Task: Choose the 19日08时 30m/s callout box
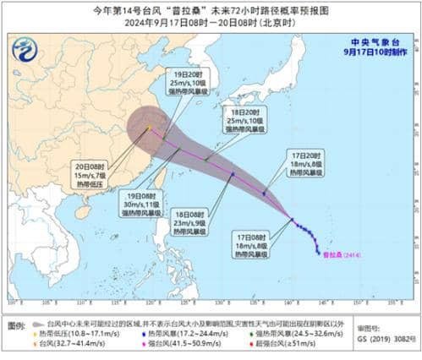point(138,198)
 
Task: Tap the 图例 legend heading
point(15,324)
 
